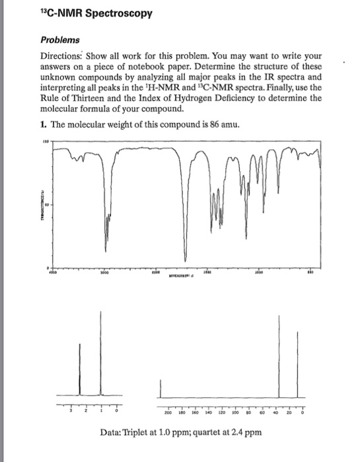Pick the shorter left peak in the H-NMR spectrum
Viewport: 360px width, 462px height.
click(x=80, y=370)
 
